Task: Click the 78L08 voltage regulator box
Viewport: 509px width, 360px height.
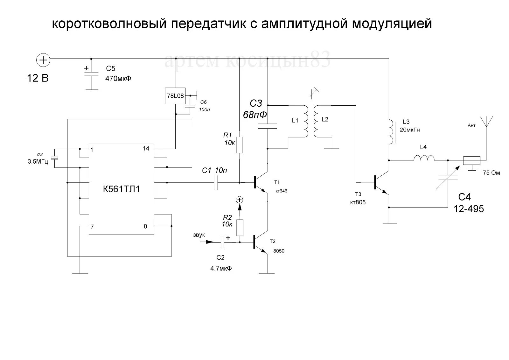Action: point(175,96)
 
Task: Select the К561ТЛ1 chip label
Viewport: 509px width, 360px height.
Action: point(121,189)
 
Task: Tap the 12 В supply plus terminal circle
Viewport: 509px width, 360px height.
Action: point(43,60)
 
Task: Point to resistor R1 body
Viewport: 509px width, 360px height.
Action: point(240,145)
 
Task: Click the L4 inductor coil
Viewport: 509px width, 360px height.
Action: point(424,158)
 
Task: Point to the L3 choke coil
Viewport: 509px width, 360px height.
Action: point(391,131)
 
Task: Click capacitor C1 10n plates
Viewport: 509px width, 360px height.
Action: point(216,183)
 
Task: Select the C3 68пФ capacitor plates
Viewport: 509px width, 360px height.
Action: point(268,126)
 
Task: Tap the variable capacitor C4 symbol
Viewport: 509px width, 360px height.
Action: point(447,178)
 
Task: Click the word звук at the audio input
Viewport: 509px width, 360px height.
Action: point(199,235)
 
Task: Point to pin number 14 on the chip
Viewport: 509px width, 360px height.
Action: point(146,149)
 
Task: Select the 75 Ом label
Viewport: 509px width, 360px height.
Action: point(491,173)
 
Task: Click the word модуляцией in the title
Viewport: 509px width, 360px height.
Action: point(392,24)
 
